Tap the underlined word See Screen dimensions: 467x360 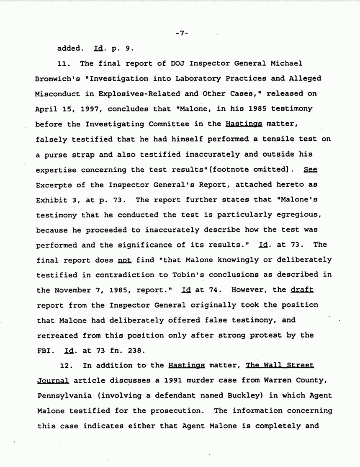(x=311, y=169)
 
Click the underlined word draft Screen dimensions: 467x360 (x=301, y=290)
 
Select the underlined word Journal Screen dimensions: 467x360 (x=53, y=380)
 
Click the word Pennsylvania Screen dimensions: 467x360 (x=60, y=395)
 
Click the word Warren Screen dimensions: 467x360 (x=269, y=380)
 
